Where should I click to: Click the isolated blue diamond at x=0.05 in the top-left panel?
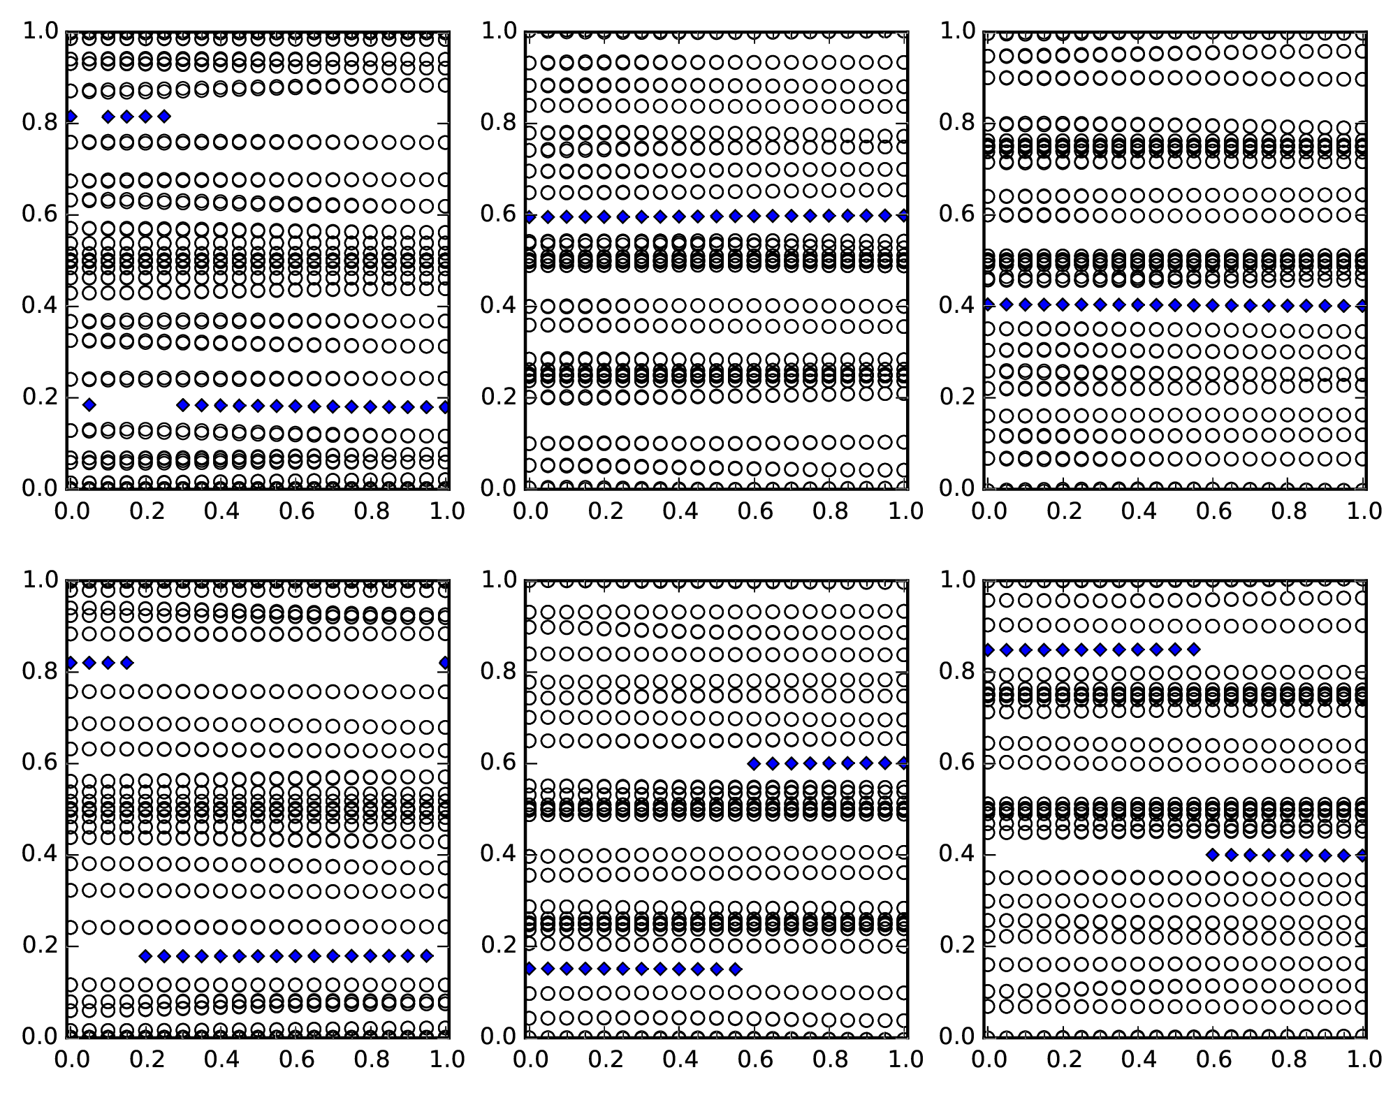coord(89,404)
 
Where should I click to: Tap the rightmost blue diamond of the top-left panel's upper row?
coord(164,117)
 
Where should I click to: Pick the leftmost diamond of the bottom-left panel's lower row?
coord(145,956)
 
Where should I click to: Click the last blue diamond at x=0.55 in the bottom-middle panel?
coord(735,969)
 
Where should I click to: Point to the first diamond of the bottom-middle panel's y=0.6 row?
coord(754,763)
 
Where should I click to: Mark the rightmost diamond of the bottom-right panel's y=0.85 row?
coord(1194,650)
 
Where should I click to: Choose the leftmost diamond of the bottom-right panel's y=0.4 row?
coord(1213,855)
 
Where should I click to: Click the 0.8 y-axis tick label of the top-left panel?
coord(39,123)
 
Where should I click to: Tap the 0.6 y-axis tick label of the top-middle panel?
coord(497,214)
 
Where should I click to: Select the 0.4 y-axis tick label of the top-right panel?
coord(956,306)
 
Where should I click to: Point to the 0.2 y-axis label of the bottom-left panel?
coord(39,946)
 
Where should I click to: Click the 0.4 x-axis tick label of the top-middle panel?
coord(678,512)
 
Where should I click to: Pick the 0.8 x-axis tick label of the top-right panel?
coord(1289,512)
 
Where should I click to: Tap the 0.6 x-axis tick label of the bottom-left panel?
coord(296,1060)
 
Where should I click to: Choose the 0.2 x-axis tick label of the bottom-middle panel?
coord(602,1060)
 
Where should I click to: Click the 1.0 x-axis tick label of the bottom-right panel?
coord(1364,1060)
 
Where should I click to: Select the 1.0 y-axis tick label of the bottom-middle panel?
coord(497,580)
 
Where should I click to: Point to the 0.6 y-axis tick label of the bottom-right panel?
coord(956,763)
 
